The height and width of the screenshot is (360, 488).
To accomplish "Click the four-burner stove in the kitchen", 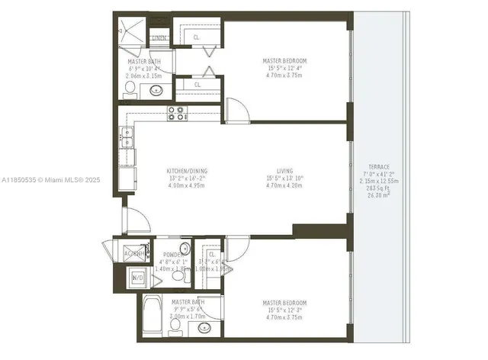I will tap(176, 114).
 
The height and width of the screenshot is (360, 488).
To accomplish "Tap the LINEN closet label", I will tap(159, 38).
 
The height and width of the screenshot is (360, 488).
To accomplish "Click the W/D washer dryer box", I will tap(138, 278).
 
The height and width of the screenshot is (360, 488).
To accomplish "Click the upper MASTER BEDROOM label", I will tap(284, 61).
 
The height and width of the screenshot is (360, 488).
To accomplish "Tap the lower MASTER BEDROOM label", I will tap(284, 303).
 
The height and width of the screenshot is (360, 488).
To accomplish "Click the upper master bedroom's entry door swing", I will tap(236, 111).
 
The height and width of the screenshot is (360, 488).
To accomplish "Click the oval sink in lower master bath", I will tap(204, 329).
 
